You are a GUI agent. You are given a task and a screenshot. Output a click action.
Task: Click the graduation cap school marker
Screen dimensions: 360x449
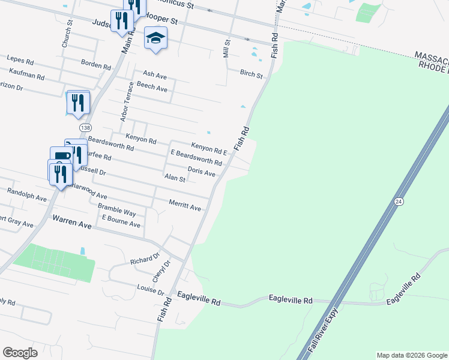156,38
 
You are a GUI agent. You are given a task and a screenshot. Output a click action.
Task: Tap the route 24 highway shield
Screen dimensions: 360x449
399,202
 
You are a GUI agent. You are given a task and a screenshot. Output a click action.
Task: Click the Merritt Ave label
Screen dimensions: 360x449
185,206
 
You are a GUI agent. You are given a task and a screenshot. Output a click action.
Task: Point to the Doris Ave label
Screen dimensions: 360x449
201,172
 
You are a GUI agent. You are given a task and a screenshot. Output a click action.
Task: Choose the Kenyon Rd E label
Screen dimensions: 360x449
208,148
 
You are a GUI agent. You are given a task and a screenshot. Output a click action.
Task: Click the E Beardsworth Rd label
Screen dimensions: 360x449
196,158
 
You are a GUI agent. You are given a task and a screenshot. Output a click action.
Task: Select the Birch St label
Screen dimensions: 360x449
251,75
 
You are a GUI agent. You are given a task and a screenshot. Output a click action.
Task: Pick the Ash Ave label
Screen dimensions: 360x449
154,74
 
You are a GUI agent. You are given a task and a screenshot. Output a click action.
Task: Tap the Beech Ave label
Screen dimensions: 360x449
152,87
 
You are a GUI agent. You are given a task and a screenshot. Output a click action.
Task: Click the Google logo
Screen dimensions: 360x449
20,352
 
